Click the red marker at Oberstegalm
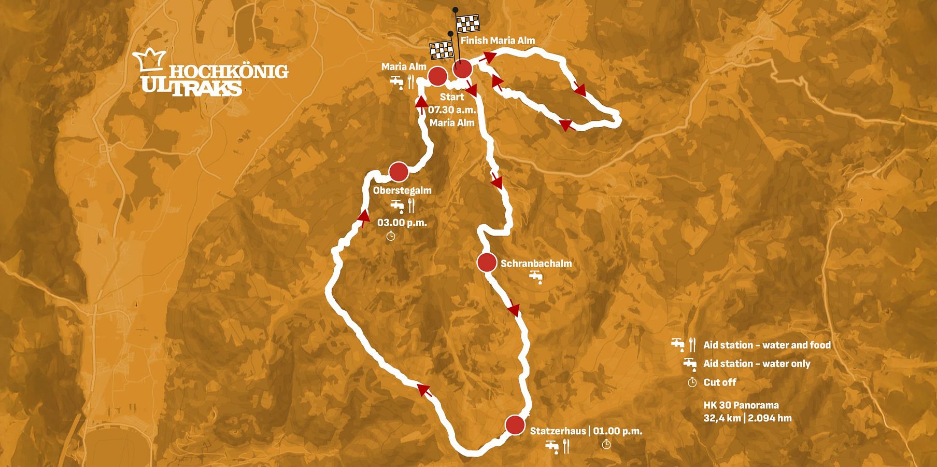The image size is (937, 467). [x=399, y=171]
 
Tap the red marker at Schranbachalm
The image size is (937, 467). [x=487, y=263]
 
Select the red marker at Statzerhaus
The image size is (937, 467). [x=515, y=425]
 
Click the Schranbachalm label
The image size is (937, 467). [x=536, y=264]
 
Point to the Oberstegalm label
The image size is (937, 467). [x=402, y=190]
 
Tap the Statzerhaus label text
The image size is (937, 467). [x=558, y=431]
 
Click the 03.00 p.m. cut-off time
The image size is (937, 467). [x=402, y=223]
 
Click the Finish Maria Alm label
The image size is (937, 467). [x=498, y=40]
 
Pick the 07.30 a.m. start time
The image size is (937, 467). [x=451, y=110]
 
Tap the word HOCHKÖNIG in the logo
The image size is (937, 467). [x=229, y=72]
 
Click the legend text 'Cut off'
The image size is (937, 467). [x=719, y=382]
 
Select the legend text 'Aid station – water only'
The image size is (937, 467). [x=756, y=364]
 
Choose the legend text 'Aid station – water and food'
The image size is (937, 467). [x=766, y=345]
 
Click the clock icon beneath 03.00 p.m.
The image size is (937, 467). [x=391, y=237]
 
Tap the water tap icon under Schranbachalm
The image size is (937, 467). [x=535, y=278]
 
